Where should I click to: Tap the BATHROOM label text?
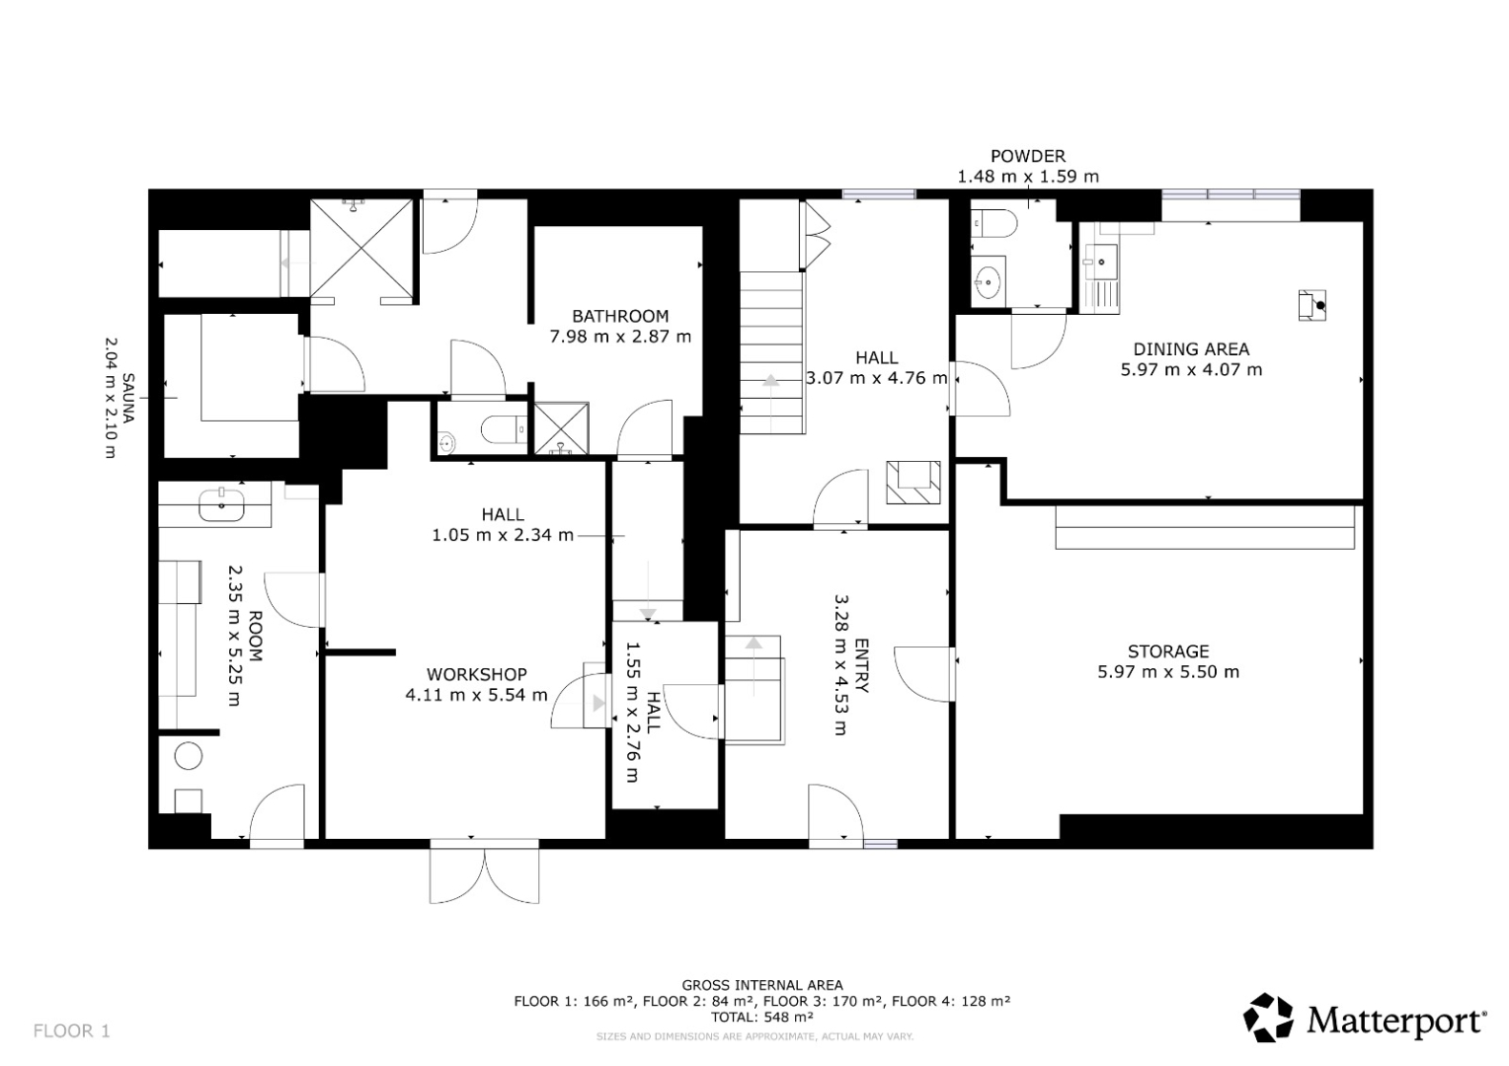coord(620,316)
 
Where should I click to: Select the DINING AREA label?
coord(1191,348)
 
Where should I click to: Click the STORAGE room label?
coord(1168,651)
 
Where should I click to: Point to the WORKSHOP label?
coord(476,674)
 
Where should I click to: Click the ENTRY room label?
coord(861,665)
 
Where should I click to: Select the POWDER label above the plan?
coord(1028,156)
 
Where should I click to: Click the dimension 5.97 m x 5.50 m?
coord(1168,671)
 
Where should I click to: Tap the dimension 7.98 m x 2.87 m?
coord(620,336)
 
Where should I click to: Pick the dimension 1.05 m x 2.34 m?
coord(503,535)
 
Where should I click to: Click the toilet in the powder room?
coord(993,222)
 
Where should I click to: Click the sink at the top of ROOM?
coord(221,505)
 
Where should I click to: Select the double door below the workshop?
coord(484,871)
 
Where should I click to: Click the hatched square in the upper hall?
coord(913,482)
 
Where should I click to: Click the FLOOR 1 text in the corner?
coord(71,1030)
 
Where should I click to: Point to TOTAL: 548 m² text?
coord(762,1017)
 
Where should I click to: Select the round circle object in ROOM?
coord(188,755)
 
